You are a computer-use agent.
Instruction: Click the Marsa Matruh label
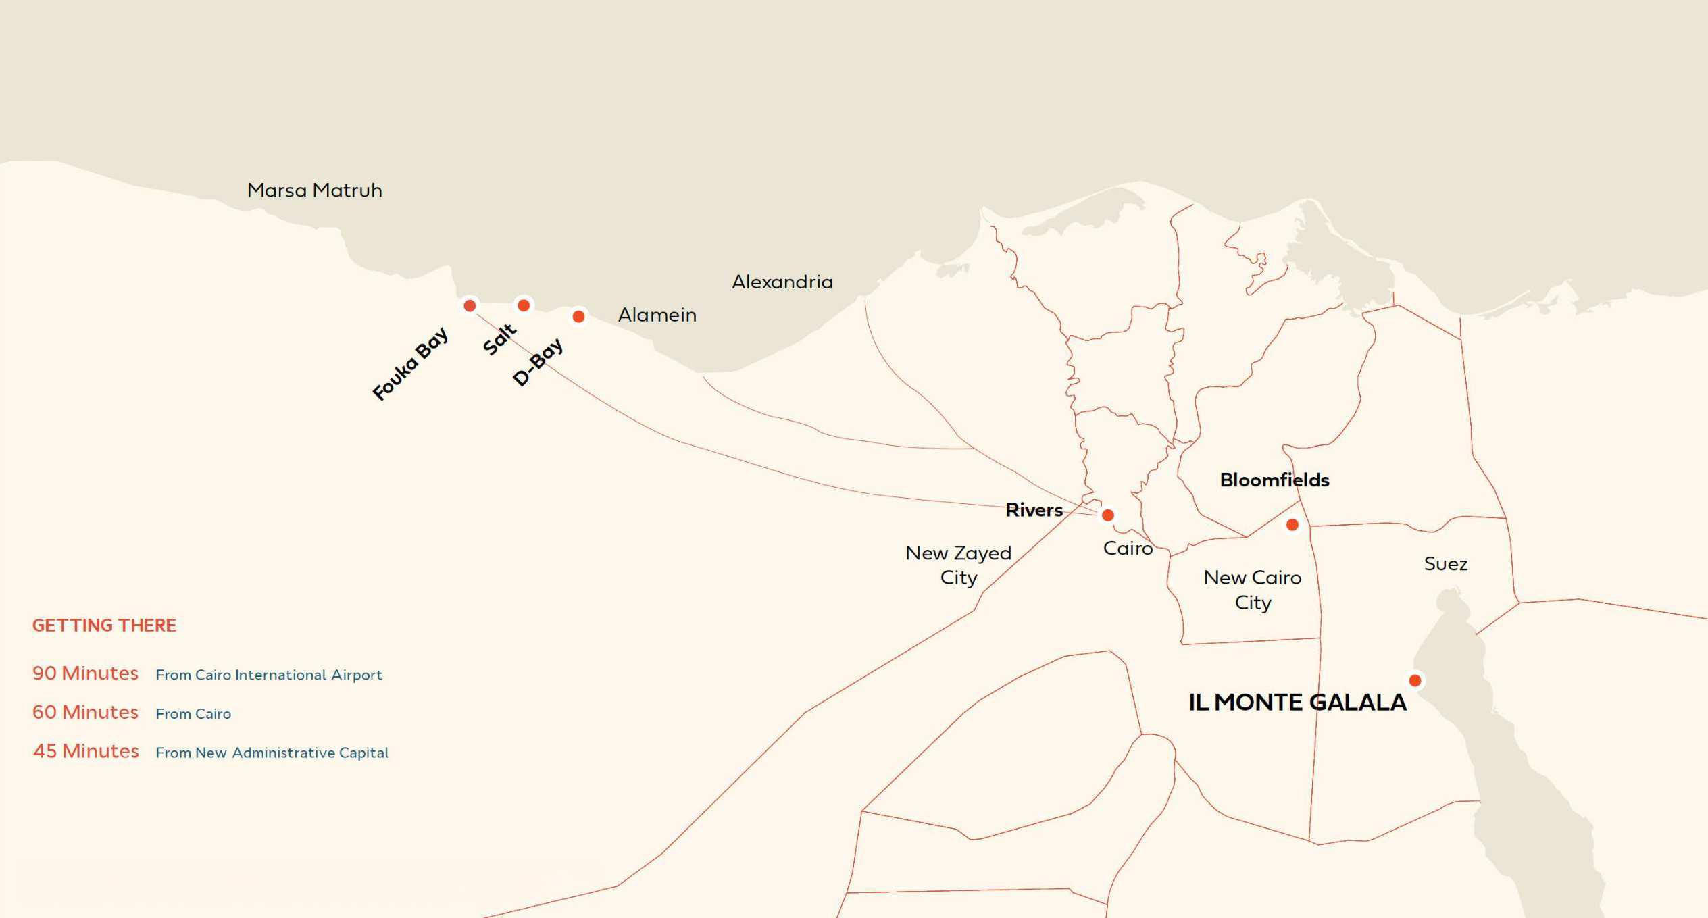(x=314, y=190)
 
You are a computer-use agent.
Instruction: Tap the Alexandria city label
(x=782, y=282)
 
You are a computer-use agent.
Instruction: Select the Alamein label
(x=657, y=315)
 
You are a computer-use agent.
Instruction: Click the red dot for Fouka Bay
(x=470, y=306)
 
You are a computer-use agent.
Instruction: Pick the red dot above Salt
(x=524, y=305)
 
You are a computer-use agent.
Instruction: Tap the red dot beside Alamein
(x=578, y=316)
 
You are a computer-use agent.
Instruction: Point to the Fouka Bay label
(x=410, y=363)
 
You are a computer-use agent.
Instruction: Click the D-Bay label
(x=537, y=361)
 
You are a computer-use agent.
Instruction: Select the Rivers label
(x=1034, y=510)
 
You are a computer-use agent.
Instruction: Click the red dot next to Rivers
(x=1107, y=515)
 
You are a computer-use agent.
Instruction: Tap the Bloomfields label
(x=1274, y=480)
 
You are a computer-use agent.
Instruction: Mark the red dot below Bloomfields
(x=1292, y=525)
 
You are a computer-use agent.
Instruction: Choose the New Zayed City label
(x=958, y=565)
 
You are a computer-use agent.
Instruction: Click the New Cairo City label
(x=1252, y=590)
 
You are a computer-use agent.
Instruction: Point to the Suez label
(x=1445, y=564)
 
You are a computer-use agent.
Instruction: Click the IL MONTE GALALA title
(x=1297, y=703)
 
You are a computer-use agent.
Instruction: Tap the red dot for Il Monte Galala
(x=1415, y=680)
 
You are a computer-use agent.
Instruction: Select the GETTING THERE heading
(x=104, y=626)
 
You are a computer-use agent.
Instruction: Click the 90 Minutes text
(x=85, y=673)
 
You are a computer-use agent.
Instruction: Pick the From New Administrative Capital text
(x=272, y=753)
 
